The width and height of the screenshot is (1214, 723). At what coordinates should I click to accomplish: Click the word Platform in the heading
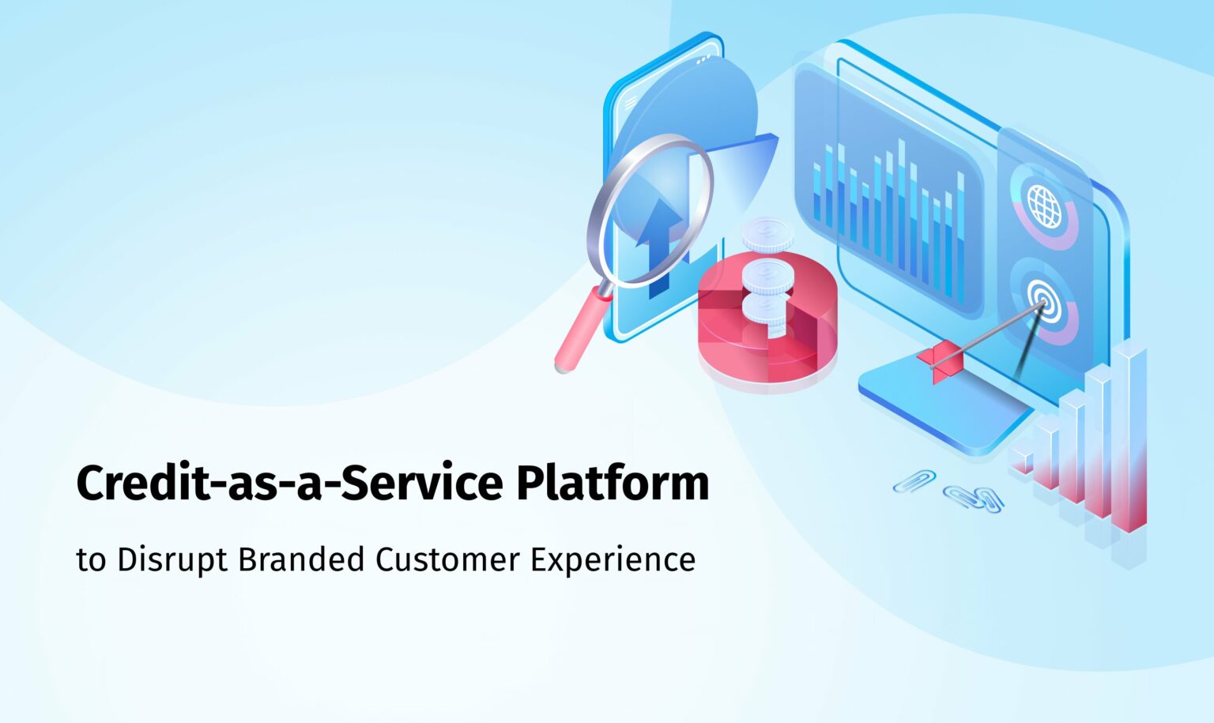tap(613, 484)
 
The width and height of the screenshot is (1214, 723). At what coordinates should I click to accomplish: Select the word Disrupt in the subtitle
tap(172, 560)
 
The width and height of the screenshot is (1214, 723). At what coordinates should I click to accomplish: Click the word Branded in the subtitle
tap(301, 559)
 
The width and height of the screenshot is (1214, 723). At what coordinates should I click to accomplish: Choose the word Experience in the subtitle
tap(613, 560)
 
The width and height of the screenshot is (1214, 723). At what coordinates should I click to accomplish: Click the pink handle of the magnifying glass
tap(582, 330)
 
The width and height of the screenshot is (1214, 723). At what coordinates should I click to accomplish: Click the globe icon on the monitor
tap(1044, 206)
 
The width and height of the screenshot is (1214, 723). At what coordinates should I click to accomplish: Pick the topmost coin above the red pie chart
tap(767, 234)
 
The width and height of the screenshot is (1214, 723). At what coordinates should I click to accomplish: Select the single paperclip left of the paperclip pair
tap(914, 480)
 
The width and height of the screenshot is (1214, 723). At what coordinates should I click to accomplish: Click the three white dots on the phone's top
tap(703, 59)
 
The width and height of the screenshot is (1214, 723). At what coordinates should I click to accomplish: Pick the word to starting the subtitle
tap(91, 560)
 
